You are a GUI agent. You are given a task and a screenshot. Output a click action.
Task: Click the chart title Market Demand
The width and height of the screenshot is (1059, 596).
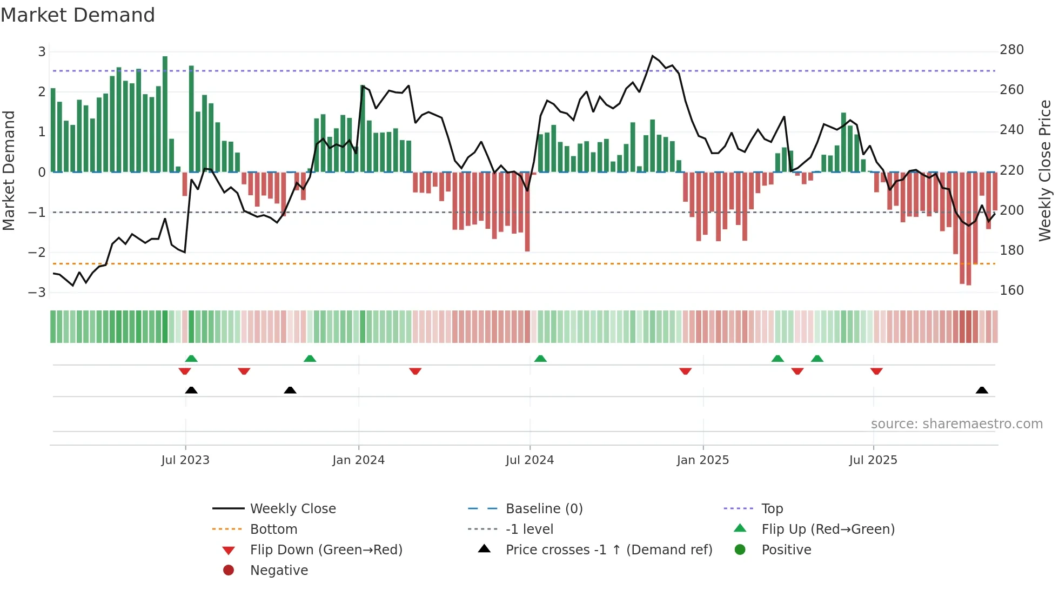coord(78,15)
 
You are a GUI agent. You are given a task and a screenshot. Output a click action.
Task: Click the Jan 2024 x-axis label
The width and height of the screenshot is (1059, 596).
coord(358,460)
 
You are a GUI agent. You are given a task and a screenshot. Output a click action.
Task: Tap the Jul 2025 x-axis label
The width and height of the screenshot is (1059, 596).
coord(873,460)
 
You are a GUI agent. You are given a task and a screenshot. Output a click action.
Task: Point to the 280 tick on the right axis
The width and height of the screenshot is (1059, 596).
coord(1011,50)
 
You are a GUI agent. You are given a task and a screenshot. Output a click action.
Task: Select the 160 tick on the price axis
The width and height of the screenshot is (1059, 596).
coord(1011,290)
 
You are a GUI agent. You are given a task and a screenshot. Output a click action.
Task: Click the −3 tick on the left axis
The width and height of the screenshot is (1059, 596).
coord(37,293)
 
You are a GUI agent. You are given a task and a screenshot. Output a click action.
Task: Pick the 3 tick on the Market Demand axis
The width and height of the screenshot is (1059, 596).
coord(42,52)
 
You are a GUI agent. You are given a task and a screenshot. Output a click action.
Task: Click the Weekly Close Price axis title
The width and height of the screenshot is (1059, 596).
coord(1045,170)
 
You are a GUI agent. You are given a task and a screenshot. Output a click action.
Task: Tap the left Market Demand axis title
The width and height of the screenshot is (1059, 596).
coord(9,170)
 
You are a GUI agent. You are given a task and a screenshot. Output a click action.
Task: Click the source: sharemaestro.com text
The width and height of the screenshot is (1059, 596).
coord(956,424)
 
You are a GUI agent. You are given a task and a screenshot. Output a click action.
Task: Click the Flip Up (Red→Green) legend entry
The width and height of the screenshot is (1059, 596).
coord(828,529)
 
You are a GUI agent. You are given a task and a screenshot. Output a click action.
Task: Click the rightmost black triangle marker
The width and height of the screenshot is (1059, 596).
coord(982,390)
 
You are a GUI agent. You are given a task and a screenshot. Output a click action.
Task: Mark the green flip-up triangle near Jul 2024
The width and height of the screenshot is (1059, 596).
coord(540,359)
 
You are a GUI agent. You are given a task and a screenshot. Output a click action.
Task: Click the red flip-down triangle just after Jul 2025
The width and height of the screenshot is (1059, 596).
coord(876,371)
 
